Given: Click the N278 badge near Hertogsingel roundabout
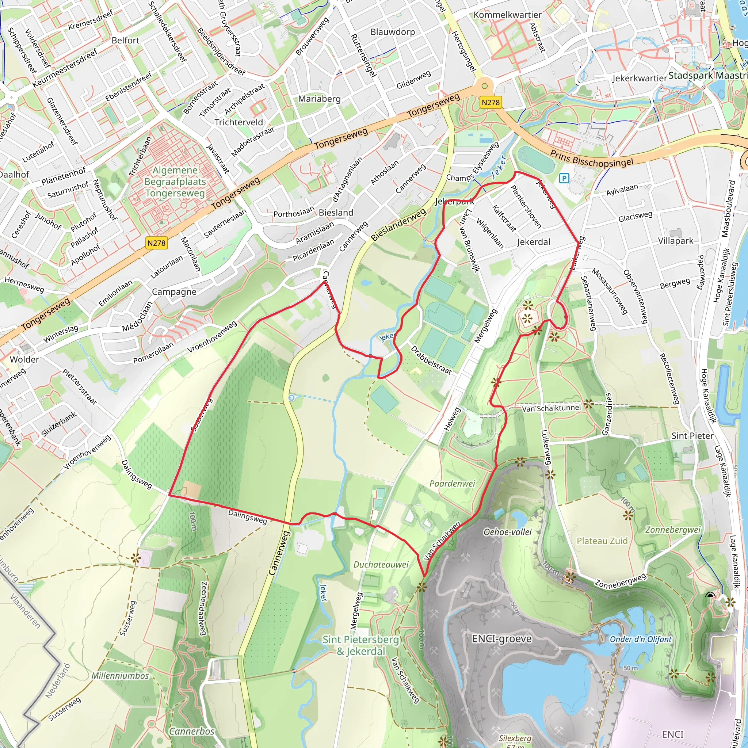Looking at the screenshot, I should click(x=491, y=103).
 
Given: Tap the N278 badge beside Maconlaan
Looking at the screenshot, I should click(x=156, y=243).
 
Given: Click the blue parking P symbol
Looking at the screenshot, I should click(x=564, y=178).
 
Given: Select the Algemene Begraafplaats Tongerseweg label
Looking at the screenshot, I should click(x=175, y=182).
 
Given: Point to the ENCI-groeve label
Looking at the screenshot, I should click(x=502, y=638).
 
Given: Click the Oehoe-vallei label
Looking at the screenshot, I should click(x=508, y=532).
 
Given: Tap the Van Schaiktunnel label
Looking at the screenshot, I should click(x=551, y=408).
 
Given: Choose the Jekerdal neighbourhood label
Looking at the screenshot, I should click(x=534, y=242).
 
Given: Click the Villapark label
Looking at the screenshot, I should click(x=676, y=241).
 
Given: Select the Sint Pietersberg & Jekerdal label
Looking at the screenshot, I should click(x=361, y=645).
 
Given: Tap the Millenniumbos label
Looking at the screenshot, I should click(x=120, y=676).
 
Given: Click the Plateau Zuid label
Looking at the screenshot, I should click(x=602, y=541).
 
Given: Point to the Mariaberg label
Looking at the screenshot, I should click(x=320, y=99).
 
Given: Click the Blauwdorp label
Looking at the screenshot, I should click(x=393, y=32).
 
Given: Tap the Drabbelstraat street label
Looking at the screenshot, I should click(x=431, y=360).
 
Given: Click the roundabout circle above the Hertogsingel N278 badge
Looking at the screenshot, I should click(x=484, y=85).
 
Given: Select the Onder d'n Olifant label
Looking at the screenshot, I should click(x=641, y=639).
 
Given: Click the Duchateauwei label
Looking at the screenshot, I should click(x=381, y=565).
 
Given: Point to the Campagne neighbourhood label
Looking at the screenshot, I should click(x=174, y=291).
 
